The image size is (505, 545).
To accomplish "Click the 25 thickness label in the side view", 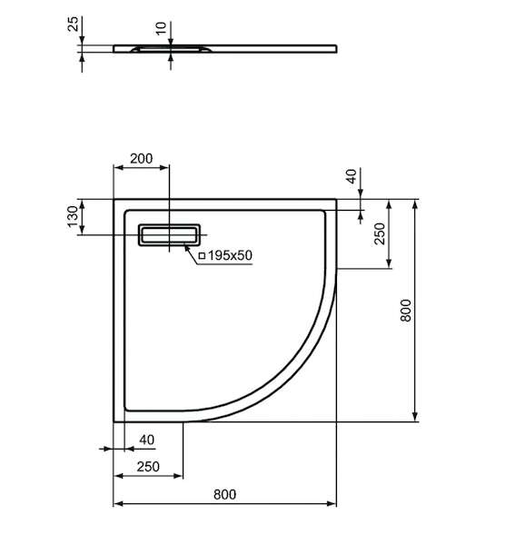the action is click(x=74, y=24).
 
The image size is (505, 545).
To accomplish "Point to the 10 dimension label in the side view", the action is click(x=162, y=28).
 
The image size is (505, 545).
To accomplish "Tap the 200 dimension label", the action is click(x=141, y=158).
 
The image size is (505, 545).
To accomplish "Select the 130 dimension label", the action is click(x=74, y=216).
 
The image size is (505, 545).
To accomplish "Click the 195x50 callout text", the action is click(x=230, y=255).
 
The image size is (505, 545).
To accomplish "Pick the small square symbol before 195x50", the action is click(x=202, y=256).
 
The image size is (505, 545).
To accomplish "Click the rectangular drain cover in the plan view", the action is click(x=169, y=235).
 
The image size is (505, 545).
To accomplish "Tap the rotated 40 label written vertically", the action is click(x=352, y=176).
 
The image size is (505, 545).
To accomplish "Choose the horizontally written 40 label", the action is click(x=146, y=440).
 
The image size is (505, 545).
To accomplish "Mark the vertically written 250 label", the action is click(x=381, y=233).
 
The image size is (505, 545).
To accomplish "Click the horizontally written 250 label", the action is click(x=148, y=467).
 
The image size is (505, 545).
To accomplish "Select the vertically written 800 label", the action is click(x=406, y=311).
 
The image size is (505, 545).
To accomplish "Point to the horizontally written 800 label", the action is click(x=225, y=495).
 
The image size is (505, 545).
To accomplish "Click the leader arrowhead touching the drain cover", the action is click(x=186, y=247).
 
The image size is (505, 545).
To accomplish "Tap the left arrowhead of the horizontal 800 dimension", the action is click(x=118, y=503).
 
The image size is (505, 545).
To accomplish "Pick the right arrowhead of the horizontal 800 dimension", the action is click(x=332, y=503).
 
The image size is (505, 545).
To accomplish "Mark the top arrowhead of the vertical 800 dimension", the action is click(x=415, y=204).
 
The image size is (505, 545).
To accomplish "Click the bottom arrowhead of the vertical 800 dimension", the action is click(x=415, y=416).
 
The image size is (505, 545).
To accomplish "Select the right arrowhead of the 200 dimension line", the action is click(x=164, y=167).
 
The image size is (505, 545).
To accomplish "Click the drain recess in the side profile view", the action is click(x=171, y=49).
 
